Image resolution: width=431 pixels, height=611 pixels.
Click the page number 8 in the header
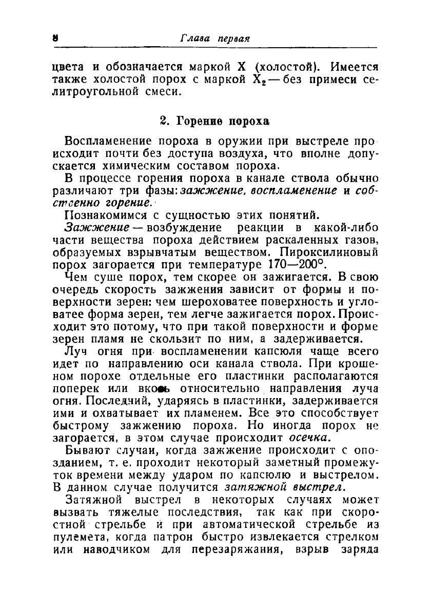(54, 38)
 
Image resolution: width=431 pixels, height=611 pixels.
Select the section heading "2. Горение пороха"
(214, 122)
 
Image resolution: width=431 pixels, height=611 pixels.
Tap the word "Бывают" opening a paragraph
(86, 450)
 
